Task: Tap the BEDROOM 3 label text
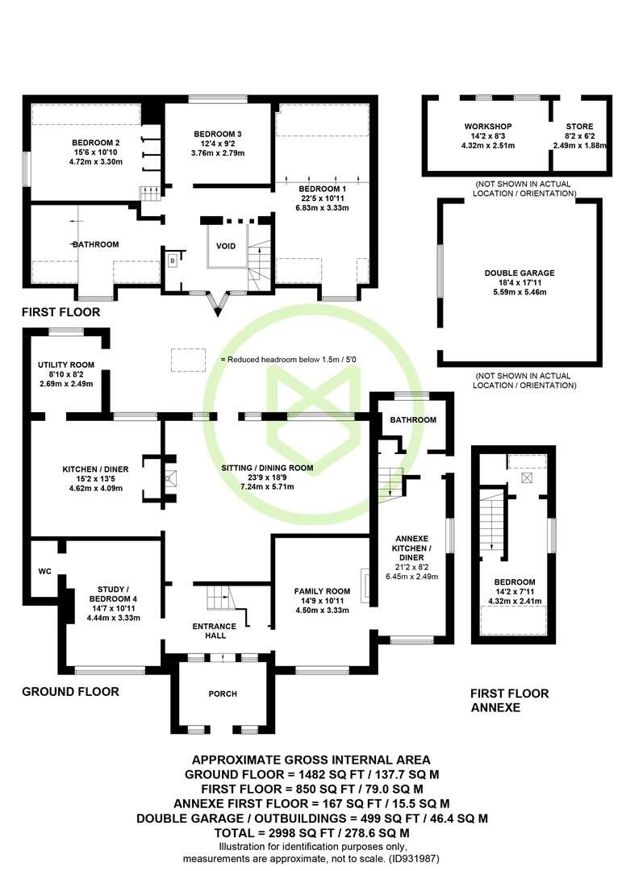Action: click(x=218, y=134)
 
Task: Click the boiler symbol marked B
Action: click(x=172, y=260)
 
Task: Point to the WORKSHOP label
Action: click(x=487, y=127)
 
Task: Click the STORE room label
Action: click(x=579, y=127)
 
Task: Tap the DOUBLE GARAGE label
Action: click(x=520, y=273)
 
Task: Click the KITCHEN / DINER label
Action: click(x=91, y=468)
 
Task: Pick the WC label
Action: click(x=44, y=572)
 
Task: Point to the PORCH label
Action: click(x=223, y=694)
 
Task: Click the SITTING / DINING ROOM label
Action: click(x=267, y=468)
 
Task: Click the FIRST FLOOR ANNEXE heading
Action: click(x=509, y=700)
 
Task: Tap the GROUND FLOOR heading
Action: click(x=70, y=691)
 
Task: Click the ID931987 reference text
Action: click(x=414, y=858)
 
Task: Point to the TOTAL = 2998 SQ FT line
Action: click(x=311, y=832)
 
